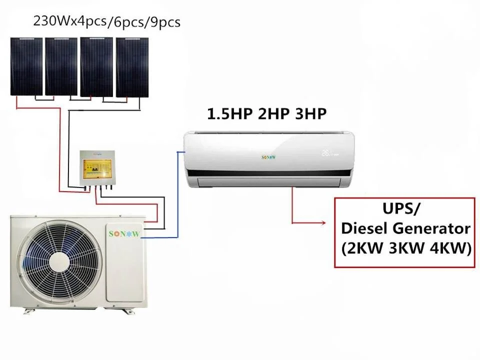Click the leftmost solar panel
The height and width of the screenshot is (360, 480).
click(x=26, y=66)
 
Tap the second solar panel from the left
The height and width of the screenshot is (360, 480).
click(x=61, y=66)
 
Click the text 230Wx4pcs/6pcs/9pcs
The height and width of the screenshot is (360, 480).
click(x=106, y=21)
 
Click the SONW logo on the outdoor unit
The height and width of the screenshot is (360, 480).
click(x=124, y=233)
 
